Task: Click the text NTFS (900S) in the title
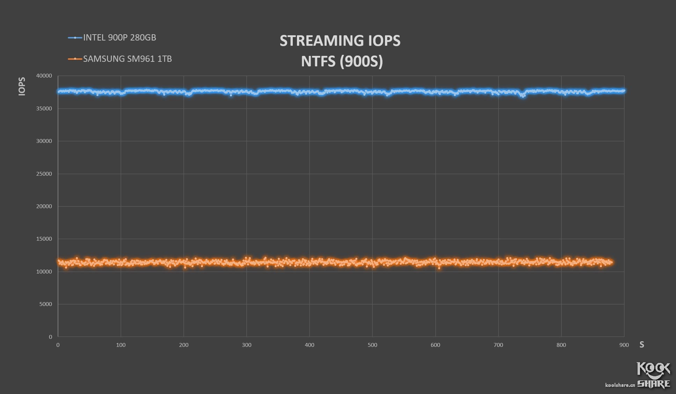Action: tap(342, 61)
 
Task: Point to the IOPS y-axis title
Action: tap(22, 86)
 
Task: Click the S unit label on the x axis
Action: tap(641, 345)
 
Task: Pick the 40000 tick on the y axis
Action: tap(44, 76)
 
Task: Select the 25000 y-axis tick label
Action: tap(44, 174)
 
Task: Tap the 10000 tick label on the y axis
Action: tap(44, 272)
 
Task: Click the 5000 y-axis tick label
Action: tap(45, 304)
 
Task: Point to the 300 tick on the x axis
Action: tap(247, 345)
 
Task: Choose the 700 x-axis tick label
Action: tap(498, 345)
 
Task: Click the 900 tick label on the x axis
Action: tap(624, 345)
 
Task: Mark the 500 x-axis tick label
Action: tap(372, 345)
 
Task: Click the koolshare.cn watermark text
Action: tap(620, 385)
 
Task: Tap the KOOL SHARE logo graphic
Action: tap(654, 375)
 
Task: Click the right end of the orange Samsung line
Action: tap(611, 262)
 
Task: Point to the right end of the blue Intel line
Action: tap(624, 91)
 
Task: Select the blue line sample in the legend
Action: tap(75, 38)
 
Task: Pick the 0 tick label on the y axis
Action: tap(50, 337)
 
